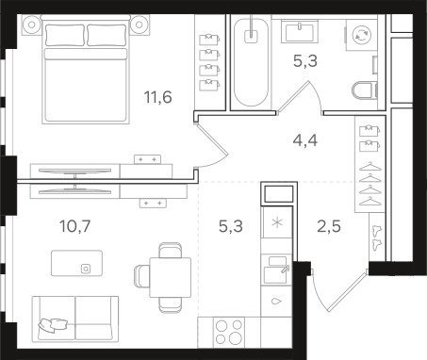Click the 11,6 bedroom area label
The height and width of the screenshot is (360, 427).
(x=158, y=97)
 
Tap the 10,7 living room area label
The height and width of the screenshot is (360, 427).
(x=75, y=226)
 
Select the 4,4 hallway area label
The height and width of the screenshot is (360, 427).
(x=305, y=140)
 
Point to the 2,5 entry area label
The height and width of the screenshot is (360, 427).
(x=329, y=226)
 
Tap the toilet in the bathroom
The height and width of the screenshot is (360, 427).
(x=364, y=90)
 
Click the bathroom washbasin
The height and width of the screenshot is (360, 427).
(x=299, y=31)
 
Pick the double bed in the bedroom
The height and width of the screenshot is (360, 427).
(x=86, y=69)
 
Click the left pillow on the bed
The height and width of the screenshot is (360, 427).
(x=65, y=35)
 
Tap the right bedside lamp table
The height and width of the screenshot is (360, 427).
(x=140, y=25)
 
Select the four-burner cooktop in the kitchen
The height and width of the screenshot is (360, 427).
(x=229, y=333)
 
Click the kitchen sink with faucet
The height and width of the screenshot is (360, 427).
(x=276, y=270)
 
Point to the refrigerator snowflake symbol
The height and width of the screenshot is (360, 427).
(x=276, y=222)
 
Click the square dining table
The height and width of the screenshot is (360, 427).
(x=171, y=277)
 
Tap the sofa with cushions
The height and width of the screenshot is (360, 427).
(x=75, y=318)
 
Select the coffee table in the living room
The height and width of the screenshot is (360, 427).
(x=77, y=263)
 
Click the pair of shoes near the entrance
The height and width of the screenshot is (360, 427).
(x=376, y=237)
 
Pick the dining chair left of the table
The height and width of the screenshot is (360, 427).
(x=141, y=276)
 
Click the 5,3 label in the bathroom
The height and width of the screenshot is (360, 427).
(x=305, y=61)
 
